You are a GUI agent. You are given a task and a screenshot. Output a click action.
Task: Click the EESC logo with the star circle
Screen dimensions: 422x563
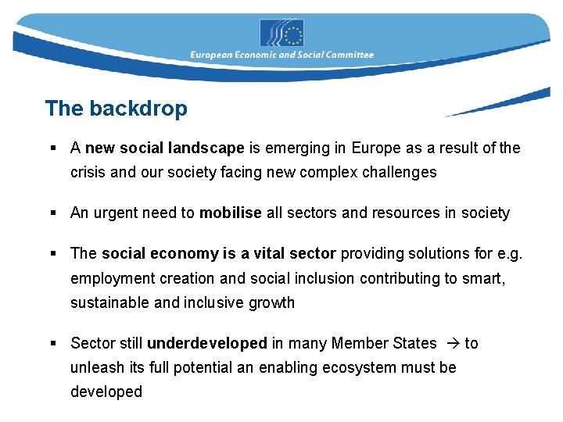click(281, 33)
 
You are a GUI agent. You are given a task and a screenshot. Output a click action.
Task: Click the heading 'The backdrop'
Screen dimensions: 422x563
click(117, 108)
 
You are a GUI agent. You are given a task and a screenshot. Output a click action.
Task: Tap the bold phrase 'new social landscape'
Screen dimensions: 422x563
click(165, 148)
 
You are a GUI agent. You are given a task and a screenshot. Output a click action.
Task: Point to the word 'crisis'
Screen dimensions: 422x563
click(88, 172)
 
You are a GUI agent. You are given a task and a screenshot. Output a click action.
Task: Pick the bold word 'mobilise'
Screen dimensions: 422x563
click(231, 213)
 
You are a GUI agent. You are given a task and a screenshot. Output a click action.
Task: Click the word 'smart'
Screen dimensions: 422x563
click(485, 277)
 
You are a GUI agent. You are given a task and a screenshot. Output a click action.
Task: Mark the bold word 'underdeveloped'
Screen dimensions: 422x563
click(207, 343)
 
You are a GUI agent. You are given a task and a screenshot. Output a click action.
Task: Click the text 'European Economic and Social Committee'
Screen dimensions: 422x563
click(282, 55)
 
